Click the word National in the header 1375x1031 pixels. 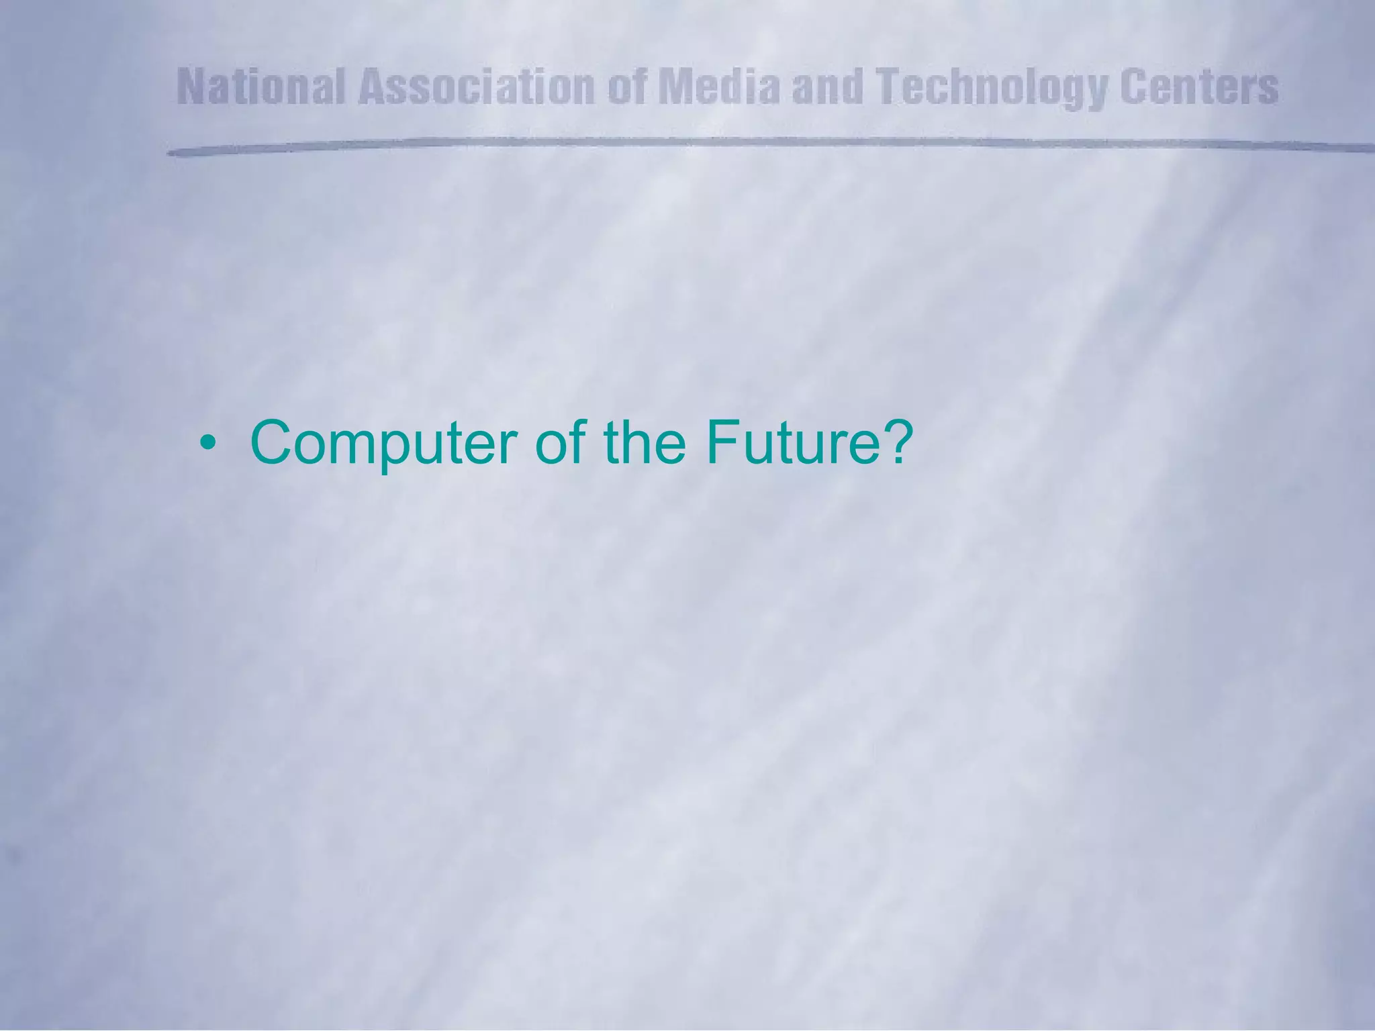click(263, 88)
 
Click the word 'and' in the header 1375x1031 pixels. click(826, 88)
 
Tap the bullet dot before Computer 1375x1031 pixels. click(211, 444)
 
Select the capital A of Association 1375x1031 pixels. click(374, 88)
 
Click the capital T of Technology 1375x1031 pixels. click(891, 88)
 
